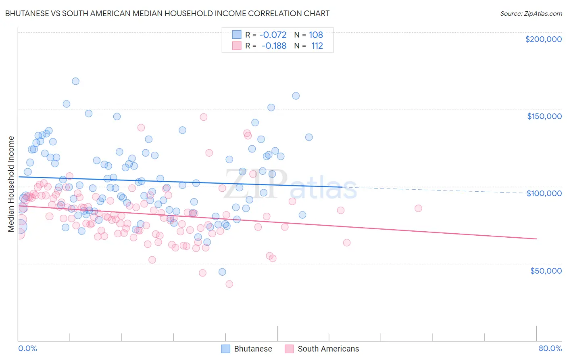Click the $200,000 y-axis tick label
[543, 39]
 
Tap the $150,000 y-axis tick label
[544, 116]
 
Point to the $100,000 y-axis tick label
[544, 193]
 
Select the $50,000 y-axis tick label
[546, 271]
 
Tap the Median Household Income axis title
[11, 184]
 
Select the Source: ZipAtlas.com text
[531, 13]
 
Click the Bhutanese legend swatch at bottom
[226, 349]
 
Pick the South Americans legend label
[328, 349]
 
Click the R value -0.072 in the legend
[273, 35]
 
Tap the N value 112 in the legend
[317, 46]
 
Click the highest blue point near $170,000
[75, 81]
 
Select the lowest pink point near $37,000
[229, 284]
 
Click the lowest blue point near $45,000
[222, 272]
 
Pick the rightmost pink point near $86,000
[418, 208]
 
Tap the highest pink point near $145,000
[204, 117]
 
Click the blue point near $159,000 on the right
[296, 96]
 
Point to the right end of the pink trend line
[536, 239]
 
